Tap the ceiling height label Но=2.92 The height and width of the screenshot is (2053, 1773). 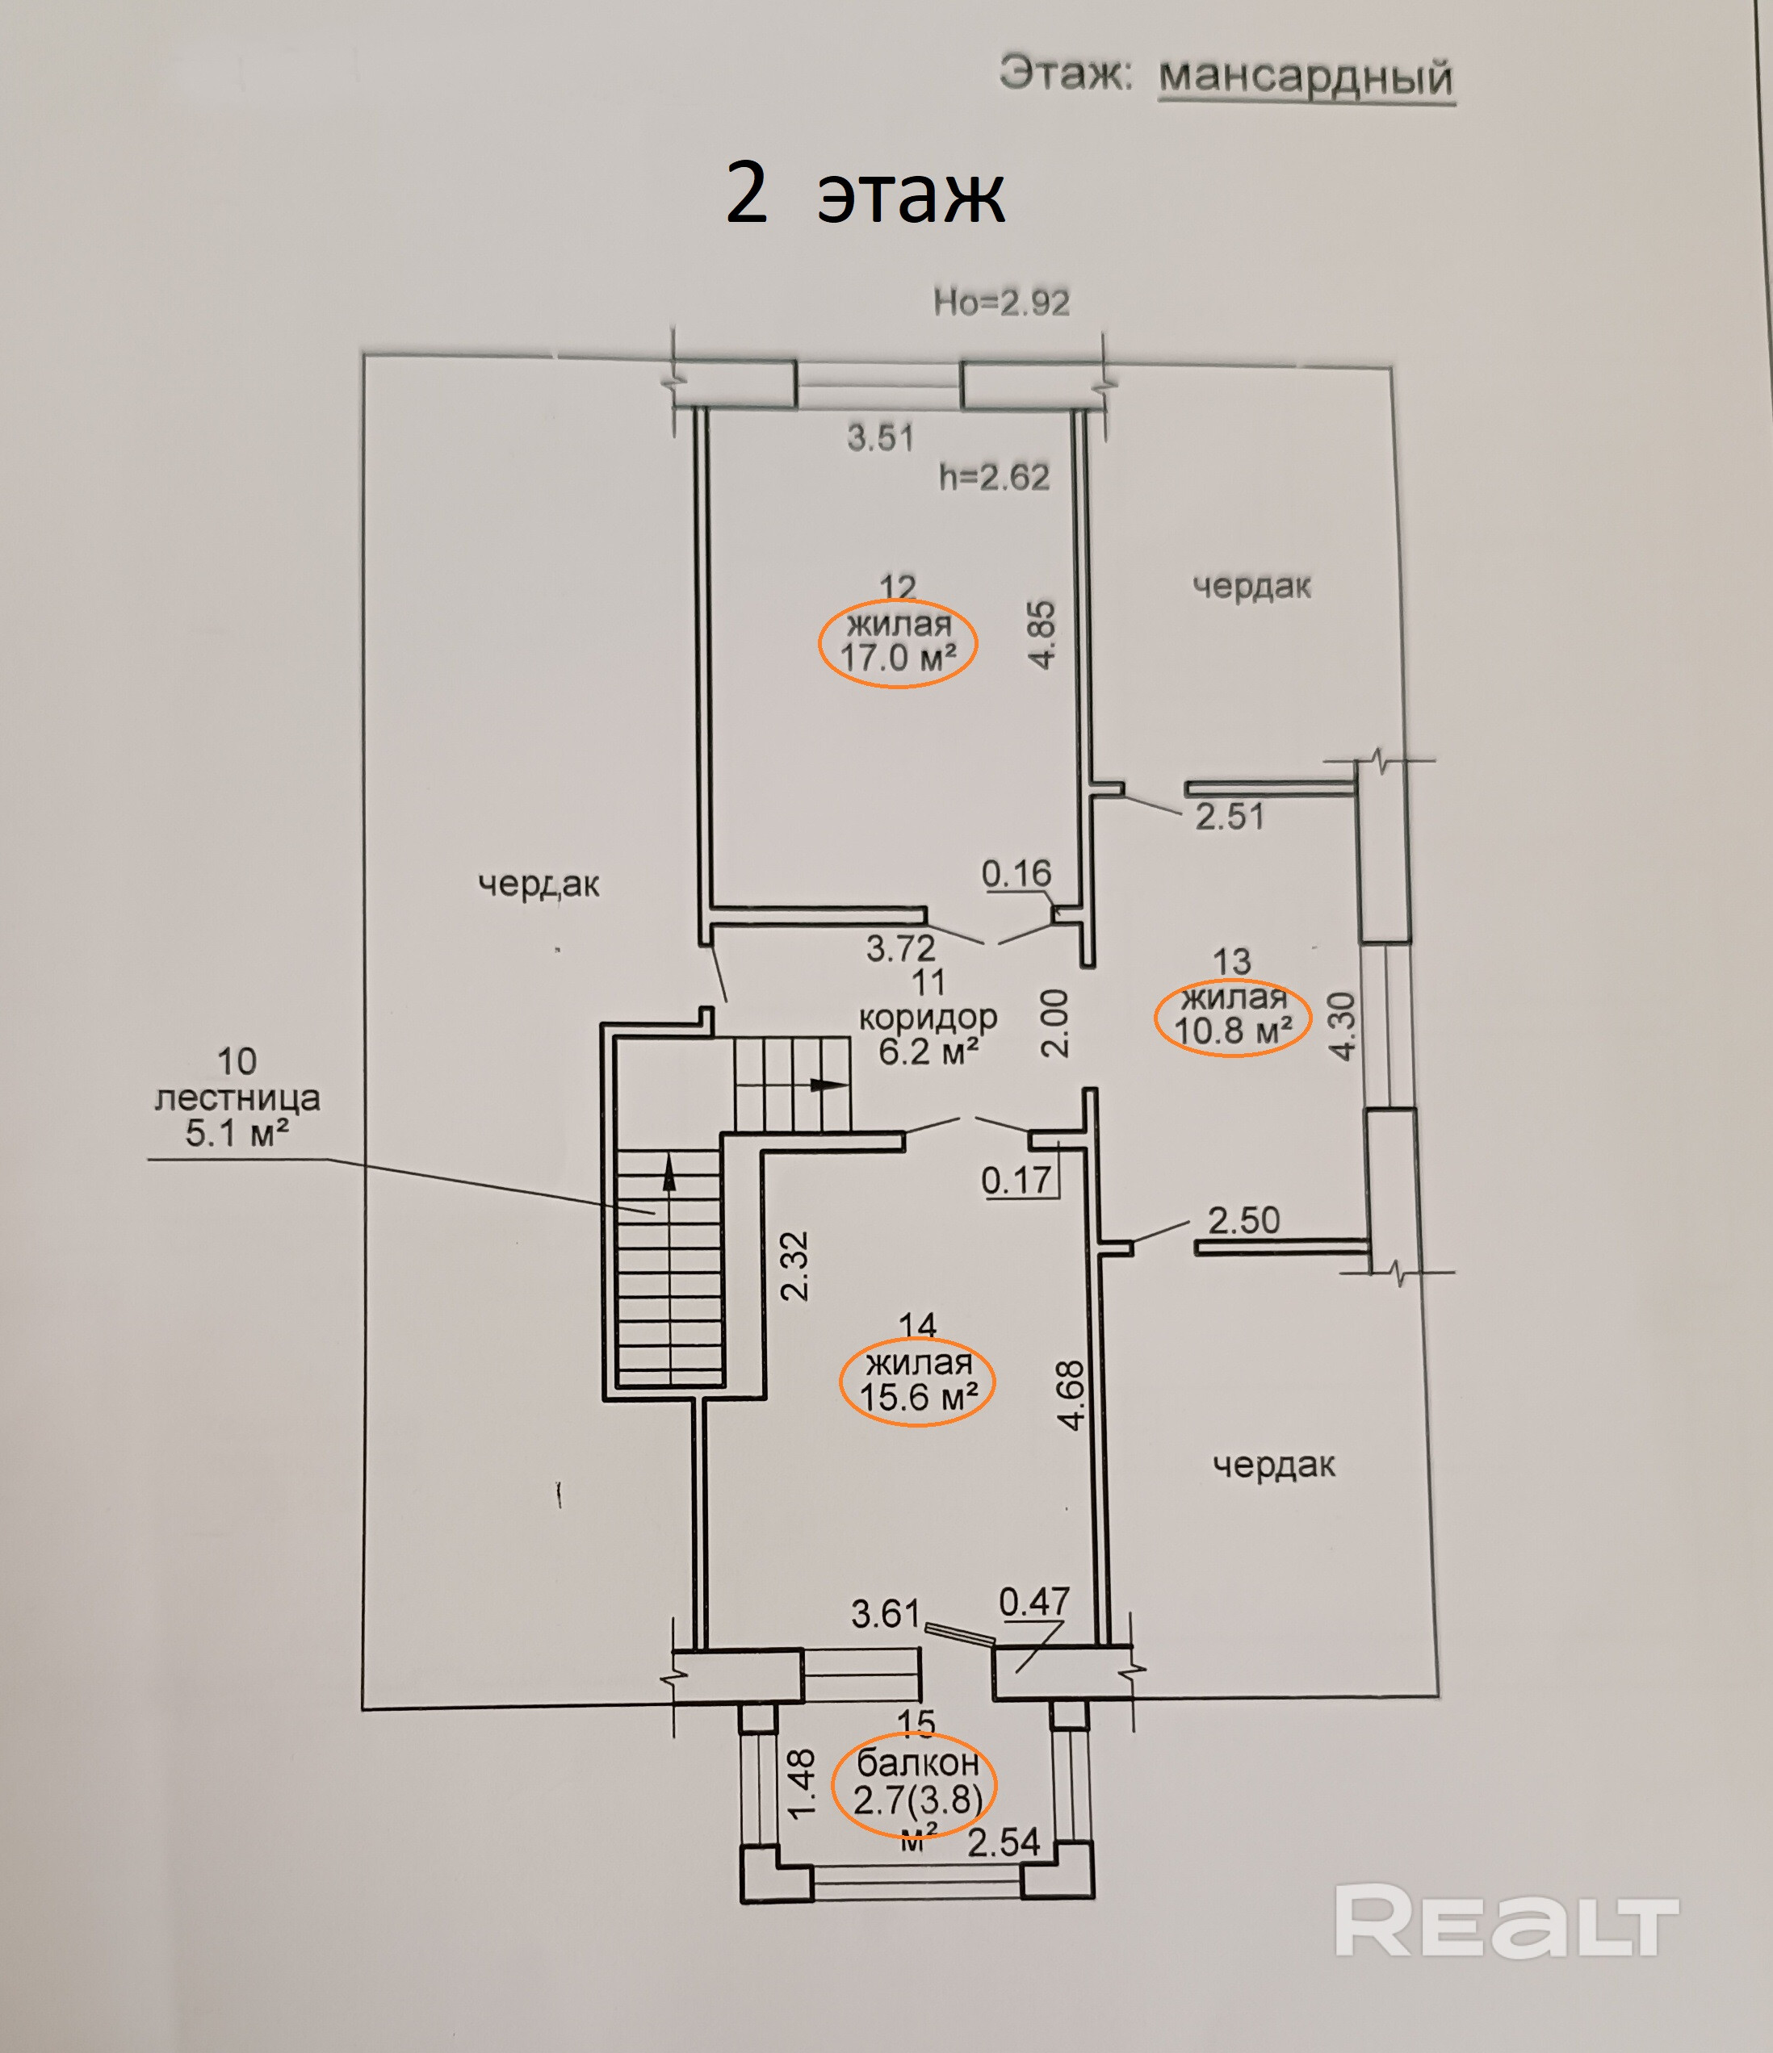coord(1001,302)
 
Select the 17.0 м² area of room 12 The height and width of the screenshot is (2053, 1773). coord(898,657)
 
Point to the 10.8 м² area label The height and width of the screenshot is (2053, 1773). coord(1233,1031)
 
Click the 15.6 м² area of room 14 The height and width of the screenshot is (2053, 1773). coord(918,1397)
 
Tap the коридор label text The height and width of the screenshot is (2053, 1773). coord(928,1018)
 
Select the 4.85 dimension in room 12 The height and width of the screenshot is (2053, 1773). coord(1042,634)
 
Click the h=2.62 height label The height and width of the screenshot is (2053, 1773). coord(993,478)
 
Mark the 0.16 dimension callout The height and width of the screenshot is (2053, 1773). coord(1016,874)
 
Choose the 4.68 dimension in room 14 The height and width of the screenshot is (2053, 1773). coord(1071,1395)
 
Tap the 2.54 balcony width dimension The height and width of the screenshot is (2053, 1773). coord(1003,1843)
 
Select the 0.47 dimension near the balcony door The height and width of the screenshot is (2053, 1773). coord(1033,1602)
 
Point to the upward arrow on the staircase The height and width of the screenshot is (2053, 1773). coord(669,1175)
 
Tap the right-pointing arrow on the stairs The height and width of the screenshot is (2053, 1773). coord(828,1084)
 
